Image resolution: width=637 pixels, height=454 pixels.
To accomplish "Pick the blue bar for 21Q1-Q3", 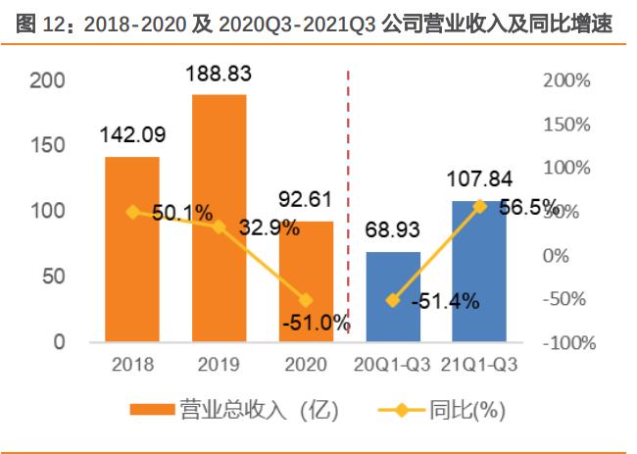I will pyautogui.click(x=479, y=284).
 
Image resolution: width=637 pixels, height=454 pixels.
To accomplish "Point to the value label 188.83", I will pyautogui.click(x=218, y=74).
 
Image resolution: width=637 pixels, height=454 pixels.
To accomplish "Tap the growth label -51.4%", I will pyautogui.click(x=445, y=301).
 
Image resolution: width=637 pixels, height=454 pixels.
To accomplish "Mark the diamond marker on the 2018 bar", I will pyautogui.click(x=132, y=211).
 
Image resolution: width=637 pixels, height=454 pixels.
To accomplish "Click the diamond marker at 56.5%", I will pyautogui.click(x=479, y=206).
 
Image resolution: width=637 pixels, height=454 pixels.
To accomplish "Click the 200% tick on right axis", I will pyautogui.click(x=567, y=80).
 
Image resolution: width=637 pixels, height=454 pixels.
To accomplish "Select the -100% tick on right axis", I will pyautogui.click(x=565, y=342).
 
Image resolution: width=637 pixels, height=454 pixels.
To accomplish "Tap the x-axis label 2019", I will pyautogui.click(x=219, y=364).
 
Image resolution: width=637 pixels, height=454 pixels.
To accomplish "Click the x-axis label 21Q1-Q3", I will pyautogui.click(x=479, y=364).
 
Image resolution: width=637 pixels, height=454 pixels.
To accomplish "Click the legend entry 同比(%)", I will pyautogui.click(x=441, y=409).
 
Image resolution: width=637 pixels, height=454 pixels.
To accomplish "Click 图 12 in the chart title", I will pyautogui.click(x=36, y=24).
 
